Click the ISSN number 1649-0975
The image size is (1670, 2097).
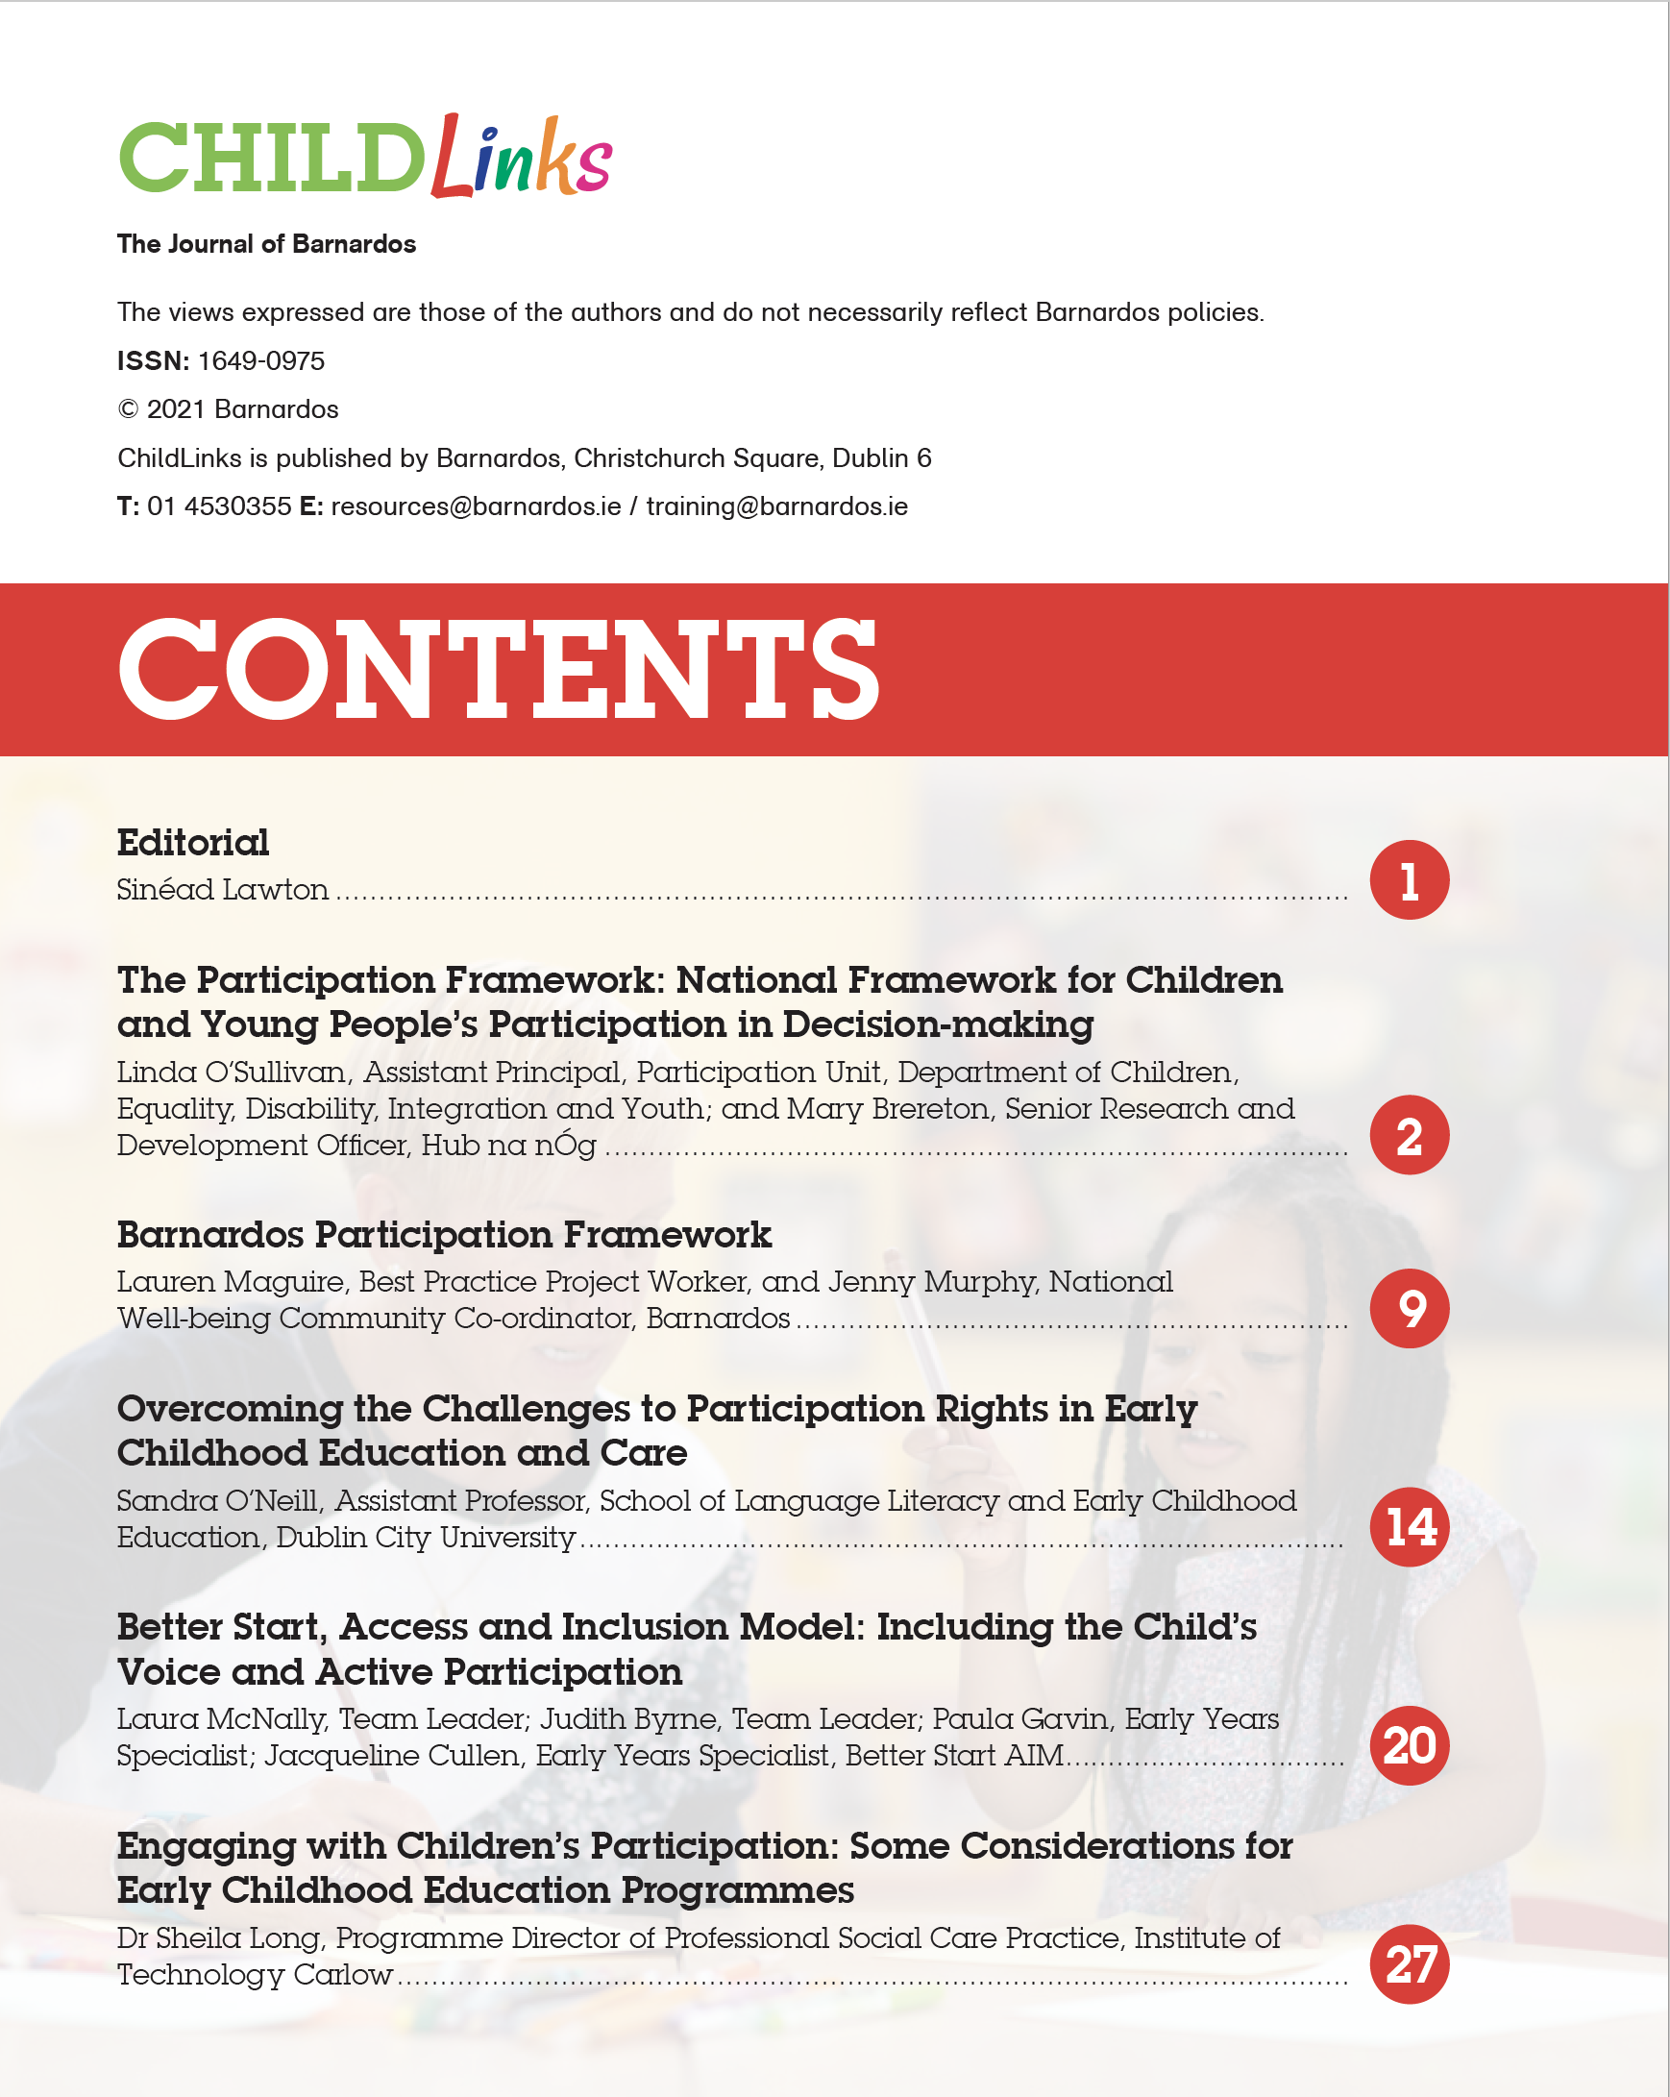(x=260, y=360)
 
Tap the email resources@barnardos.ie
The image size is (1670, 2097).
(x=476, y=506)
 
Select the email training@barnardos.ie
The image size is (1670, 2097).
(x=776, y=506)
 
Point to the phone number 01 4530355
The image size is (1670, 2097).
(x=219, y=506)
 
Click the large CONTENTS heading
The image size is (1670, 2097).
(x=498, y=670)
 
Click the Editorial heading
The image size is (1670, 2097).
(x=192, y=842)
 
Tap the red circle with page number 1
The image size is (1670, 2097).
(x=1409, y=880)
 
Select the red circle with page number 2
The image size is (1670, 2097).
(x=1409, y=1135)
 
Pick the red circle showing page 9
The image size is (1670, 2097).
(x=1409, y=1308)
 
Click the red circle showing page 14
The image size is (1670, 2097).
(x=1409, y=1526)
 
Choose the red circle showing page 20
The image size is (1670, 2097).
(x=1409, y=1745)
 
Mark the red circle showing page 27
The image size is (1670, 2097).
(x=1409, y=1963)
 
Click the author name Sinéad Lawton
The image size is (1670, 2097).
(x=222, y=890)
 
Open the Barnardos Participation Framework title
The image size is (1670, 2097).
(x=444, y=1234)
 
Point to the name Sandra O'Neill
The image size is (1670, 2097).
(x=218, y=1501)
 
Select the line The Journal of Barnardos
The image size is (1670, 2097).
(x=265, y=244)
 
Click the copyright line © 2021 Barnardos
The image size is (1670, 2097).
(x=228, y=409)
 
